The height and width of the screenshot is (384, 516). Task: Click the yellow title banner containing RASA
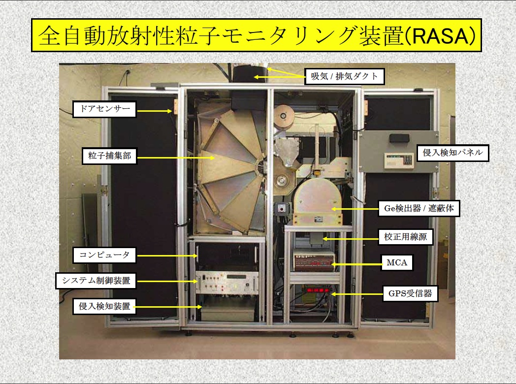pyautogui.click(x=257, y=35)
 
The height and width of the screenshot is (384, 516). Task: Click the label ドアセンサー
pyautogui.click(x=104, y=109)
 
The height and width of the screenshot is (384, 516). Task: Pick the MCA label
pyautogui.click(x=397, y=263)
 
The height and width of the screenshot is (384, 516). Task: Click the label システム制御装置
pyautogui.click(x=96, y=281)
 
